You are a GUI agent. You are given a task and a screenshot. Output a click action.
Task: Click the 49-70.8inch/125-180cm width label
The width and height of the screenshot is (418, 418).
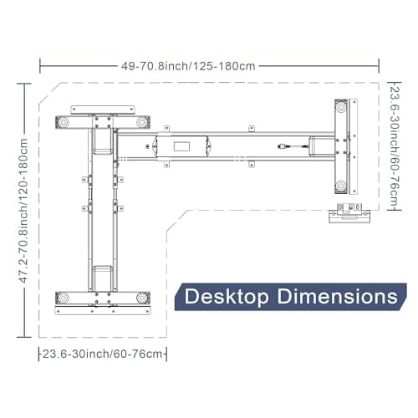click(188, 66)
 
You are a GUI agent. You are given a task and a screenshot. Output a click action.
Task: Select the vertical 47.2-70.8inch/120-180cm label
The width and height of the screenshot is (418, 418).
click(23, 211)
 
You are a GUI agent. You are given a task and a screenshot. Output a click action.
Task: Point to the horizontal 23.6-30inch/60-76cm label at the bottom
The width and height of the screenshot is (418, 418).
click(102, 354)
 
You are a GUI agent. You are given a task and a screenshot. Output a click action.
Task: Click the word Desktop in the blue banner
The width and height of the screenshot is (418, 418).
click(227, 297)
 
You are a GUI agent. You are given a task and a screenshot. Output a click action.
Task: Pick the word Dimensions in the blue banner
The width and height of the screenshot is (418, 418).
click(337, 296)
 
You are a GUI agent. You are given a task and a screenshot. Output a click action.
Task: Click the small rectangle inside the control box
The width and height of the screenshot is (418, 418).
click(181, 146)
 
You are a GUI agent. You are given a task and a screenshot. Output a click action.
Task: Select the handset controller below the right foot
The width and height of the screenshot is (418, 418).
click(349, 213)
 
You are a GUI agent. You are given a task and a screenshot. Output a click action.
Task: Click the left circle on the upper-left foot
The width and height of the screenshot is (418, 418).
click(64, 122)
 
